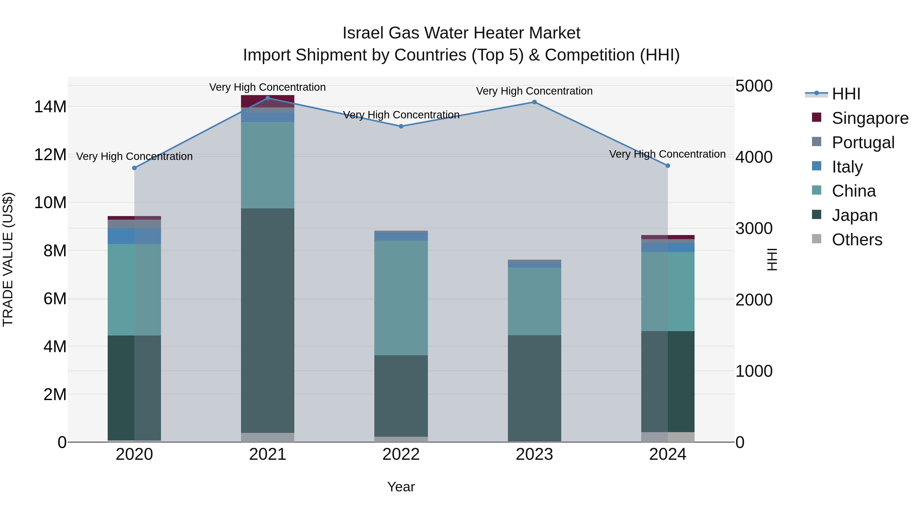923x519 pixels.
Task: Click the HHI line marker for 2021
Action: click(x=268, y=98)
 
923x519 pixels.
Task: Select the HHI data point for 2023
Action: click(x=534, y=102)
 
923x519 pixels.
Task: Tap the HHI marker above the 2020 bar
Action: click(x=134, y=168)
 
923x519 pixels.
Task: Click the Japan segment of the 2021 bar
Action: click(x=268, y=321)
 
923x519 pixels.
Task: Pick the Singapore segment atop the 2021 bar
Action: click(x=268, y=101)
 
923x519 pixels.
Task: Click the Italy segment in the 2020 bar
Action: click(x=134, y=236)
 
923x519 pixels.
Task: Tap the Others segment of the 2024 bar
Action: click(x=668, y=437)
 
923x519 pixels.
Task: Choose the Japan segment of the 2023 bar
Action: click(x=534, y=388)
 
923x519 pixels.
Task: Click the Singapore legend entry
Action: click(x=870, y=118)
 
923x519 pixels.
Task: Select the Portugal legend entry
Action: click(x=863, y=143)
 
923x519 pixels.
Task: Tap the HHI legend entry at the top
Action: click(x=846, y=94)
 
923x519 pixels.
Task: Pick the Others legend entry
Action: click(x=857, y=240)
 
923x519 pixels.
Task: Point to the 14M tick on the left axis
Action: click(x=50, y=107)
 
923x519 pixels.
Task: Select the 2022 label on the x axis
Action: click(x=401, y=454)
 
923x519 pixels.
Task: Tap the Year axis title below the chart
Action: click(x=401, y=487)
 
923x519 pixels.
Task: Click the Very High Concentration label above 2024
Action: click(x=667, y=154)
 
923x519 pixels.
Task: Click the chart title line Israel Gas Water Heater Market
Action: click(x=461, y=33)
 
